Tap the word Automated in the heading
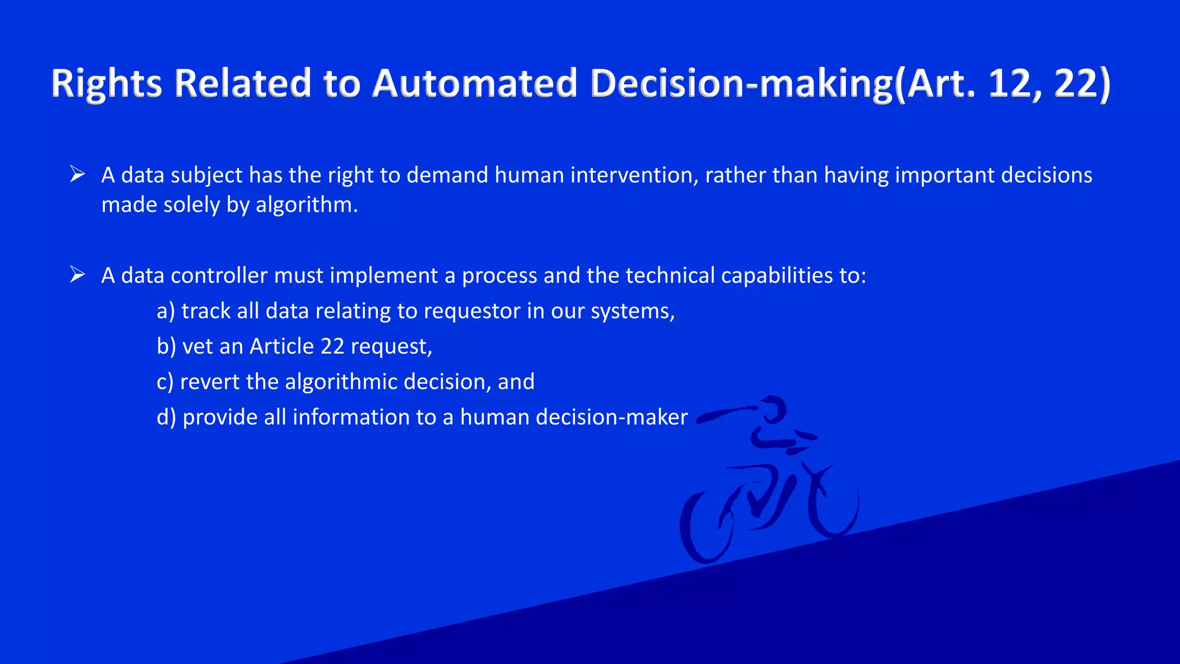click(x=474, y=84)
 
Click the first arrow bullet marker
click(x=77, y=174)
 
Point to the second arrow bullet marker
click(x=77, y=274)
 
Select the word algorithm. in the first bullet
click(x=307, y=205)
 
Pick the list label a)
click(x=165, y=311)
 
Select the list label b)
click(x=166, y=346)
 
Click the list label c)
click(x=165, y=382)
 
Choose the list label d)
click(x=166, y=417)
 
